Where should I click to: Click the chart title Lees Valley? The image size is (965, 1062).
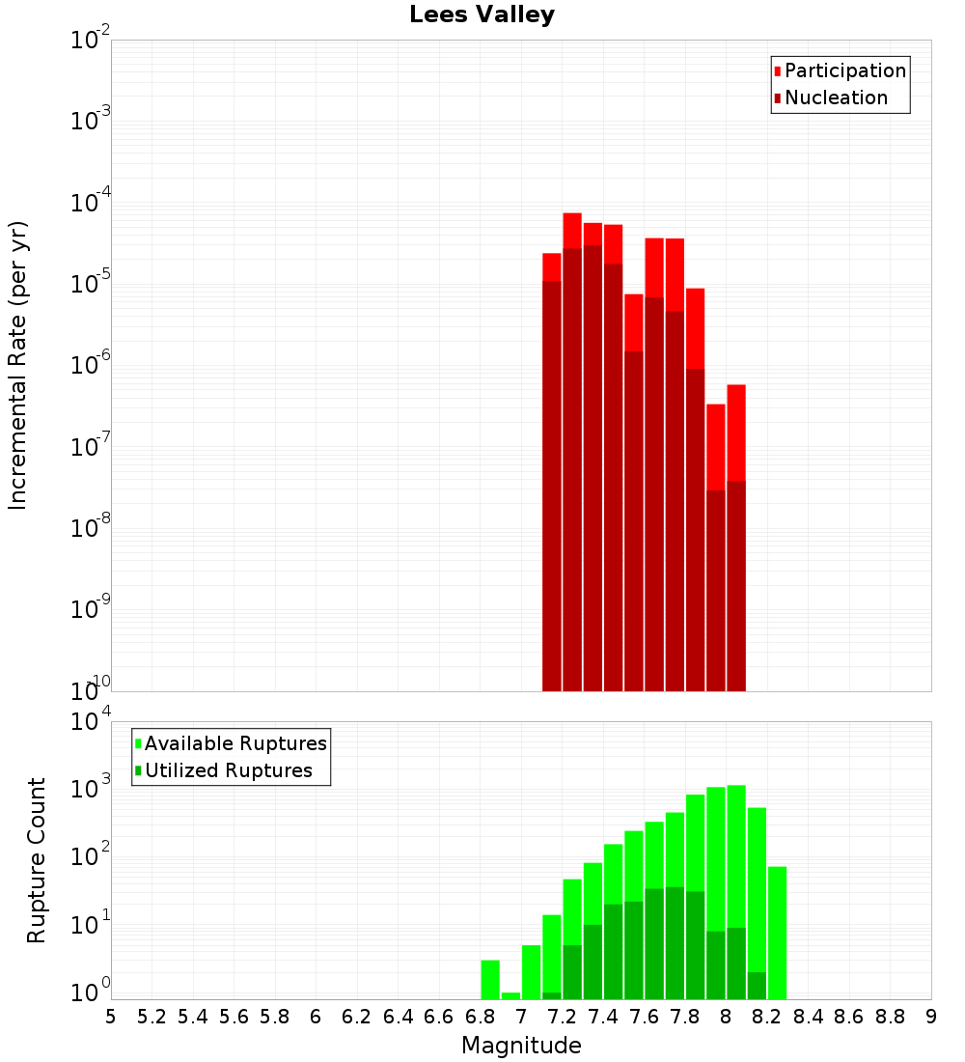pos(482,14)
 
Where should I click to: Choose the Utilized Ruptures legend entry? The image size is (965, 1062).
pos(228,770)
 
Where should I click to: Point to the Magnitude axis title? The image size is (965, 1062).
pos(521,1046)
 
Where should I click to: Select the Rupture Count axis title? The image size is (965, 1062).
pos(37,860)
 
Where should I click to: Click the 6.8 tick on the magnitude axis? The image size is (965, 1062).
pos(480,1017)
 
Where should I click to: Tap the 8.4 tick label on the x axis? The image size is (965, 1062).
pos(808,1017)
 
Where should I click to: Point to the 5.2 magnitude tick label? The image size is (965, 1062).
pos(152,1017)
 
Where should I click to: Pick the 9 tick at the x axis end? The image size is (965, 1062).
pos(931,1017)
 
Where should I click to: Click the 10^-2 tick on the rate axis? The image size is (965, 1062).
pos(91,42)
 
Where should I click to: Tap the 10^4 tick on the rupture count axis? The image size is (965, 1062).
pos(91,722)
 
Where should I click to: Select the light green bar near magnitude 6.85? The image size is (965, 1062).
pos(490,980)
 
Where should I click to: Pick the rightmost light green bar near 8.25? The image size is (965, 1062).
pos(778,933)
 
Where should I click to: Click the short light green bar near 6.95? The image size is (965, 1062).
pos(510,995)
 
